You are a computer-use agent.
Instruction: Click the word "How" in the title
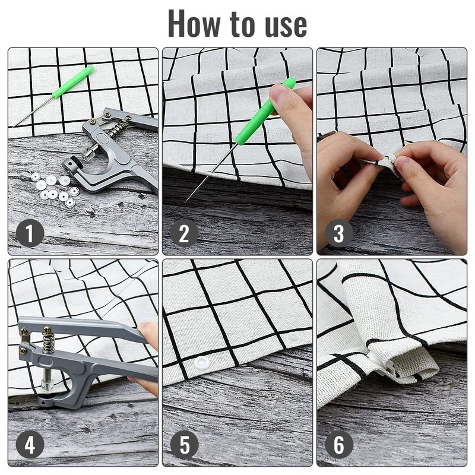(x=194, y=24)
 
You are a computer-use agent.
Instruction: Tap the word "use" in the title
(x=286, y=26)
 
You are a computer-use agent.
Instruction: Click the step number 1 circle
(x=30, y=233)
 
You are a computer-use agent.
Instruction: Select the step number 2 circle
(x=184, y=233)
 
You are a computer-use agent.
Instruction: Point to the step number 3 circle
(x=339, y=233)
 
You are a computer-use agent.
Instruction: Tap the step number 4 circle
(x=30, y=445)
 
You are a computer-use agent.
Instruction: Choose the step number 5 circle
(x=184, y=445)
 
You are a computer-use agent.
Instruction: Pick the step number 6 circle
(x=339, y=445)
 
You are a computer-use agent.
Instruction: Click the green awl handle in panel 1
(x=72, y=82)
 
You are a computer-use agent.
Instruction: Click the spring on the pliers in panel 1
(x=119, y=128)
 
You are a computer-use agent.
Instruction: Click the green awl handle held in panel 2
(x=264, y=112)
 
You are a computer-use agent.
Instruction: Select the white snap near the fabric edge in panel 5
(x=202, y=363)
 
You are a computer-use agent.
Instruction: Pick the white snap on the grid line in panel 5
(x=293, y=338)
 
